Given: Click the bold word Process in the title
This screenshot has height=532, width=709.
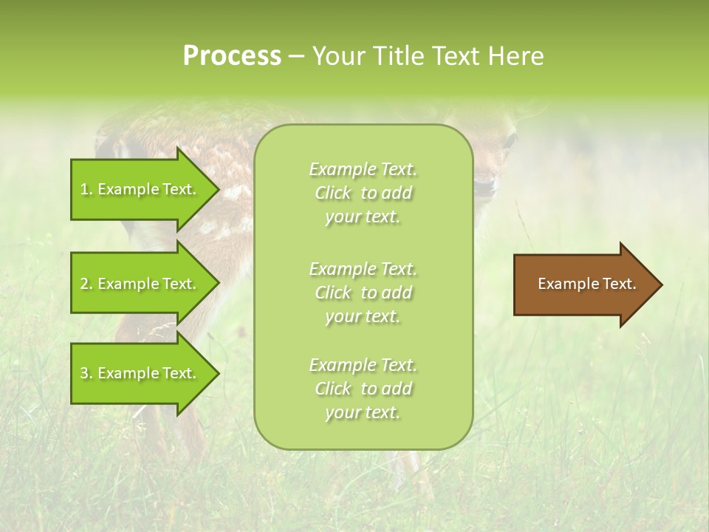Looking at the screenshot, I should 232,56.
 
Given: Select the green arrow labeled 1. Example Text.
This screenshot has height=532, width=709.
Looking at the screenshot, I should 140,189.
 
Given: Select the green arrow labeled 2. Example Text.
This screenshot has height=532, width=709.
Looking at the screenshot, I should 140,284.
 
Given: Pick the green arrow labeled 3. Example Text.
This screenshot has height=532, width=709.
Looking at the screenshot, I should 140,373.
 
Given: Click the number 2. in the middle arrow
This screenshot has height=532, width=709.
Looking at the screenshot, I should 86,284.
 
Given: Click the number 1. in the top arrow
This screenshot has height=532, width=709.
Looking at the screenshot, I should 86,189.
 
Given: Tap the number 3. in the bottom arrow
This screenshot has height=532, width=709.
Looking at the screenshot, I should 86,373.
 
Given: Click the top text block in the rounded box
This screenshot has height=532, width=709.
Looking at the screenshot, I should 363,193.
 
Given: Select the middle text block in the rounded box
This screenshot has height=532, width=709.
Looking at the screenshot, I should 363,293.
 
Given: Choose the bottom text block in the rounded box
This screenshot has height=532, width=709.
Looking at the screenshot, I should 363,389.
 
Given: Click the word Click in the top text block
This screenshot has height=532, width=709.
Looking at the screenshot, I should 333,194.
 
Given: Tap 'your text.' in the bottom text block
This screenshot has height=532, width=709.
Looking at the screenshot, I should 363,413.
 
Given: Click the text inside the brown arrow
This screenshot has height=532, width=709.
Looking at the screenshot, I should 586,284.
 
